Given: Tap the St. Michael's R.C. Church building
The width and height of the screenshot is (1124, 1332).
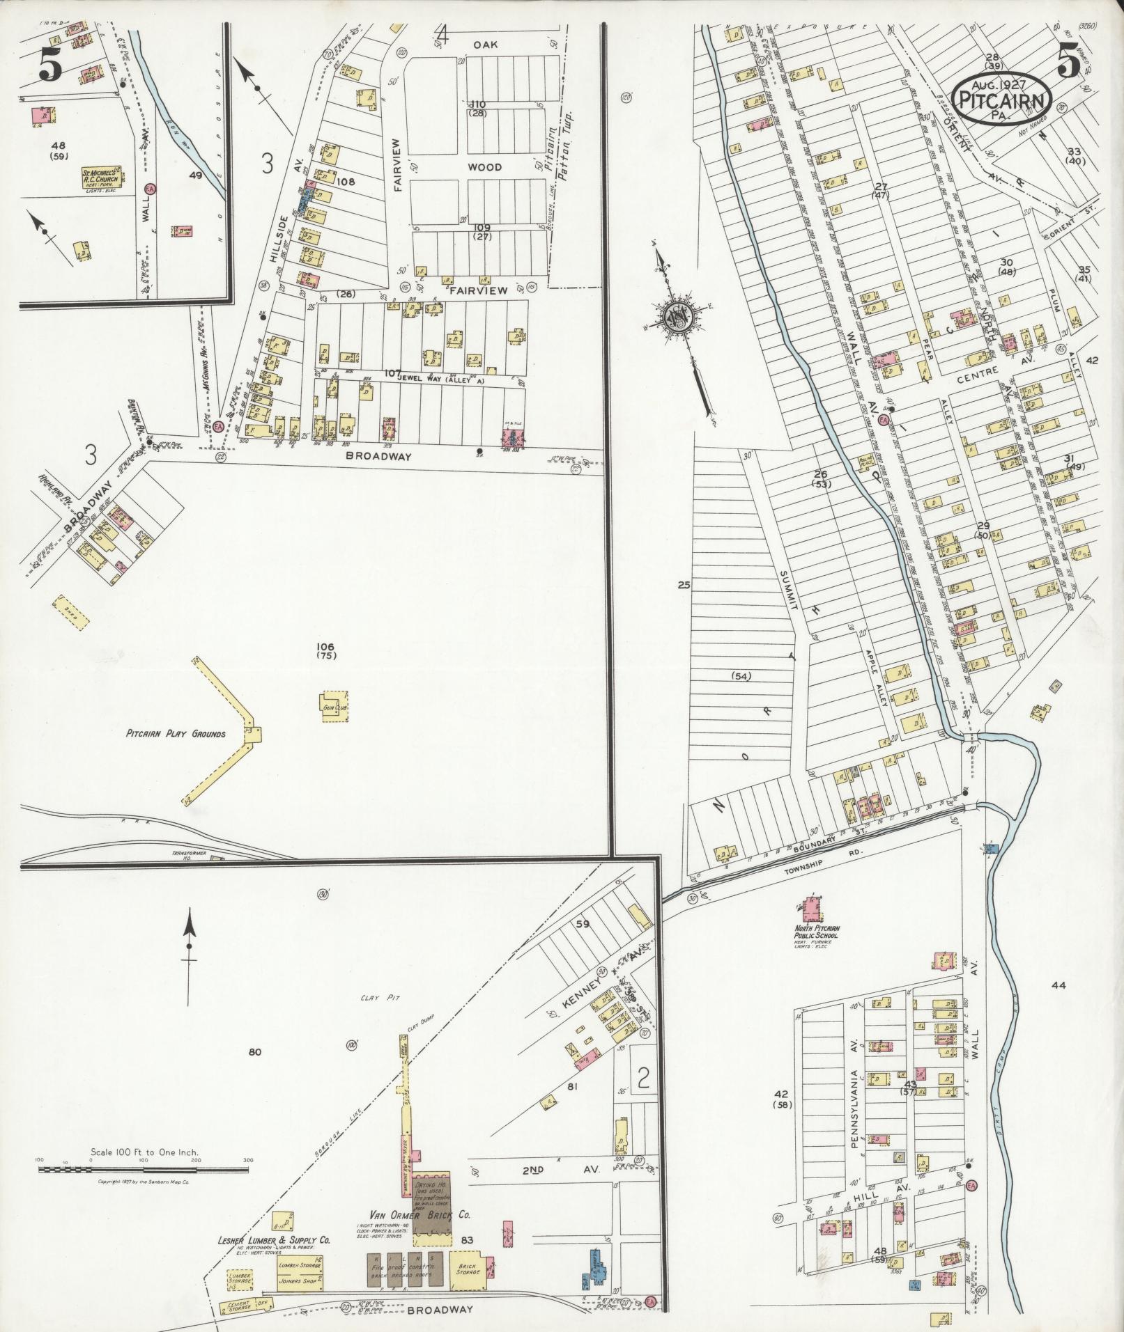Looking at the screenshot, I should tap(102, 175).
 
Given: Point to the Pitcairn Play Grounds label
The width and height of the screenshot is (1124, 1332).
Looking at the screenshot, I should tap(176, 733).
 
